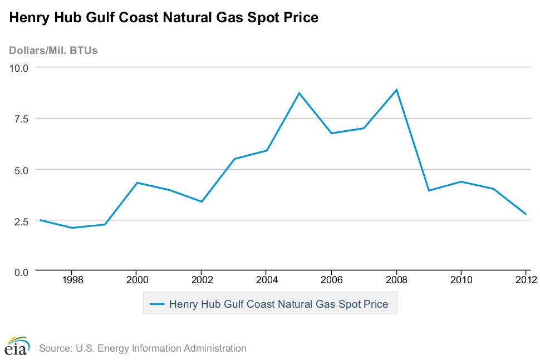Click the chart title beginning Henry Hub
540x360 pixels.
[163, 18]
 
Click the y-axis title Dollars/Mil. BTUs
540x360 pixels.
[53, 51]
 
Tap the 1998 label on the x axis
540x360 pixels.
[72, 279]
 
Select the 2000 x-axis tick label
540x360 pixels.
[137, 279]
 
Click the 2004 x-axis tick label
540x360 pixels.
[267, 279]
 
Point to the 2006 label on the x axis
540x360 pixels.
[331, 279]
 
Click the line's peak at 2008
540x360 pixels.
[396, 90]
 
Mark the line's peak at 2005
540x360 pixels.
[299, 93]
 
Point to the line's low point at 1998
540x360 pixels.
[72, 228]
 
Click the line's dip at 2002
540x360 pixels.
[202, 201]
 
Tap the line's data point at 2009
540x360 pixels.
[429, 190]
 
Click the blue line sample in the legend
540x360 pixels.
[158, 304]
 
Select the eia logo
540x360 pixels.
[17, 346]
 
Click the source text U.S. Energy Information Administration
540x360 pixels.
[143, 348]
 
